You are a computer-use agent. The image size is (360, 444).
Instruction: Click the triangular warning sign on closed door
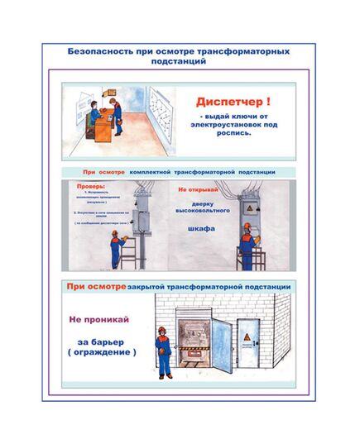[x=252, y=338]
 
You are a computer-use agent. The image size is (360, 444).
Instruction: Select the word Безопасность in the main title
[x=100, y=50]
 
